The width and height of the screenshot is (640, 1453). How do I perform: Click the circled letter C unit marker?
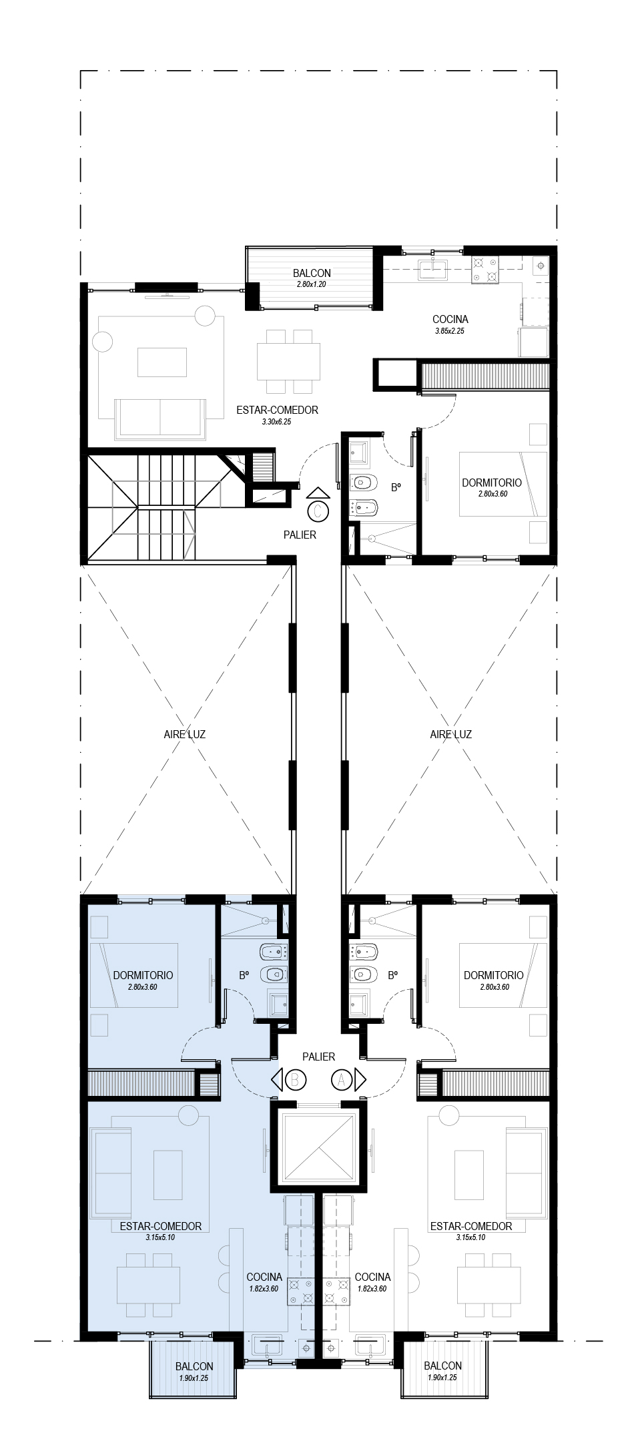coord(319,512)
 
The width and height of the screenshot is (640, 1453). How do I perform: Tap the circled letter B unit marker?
coord(296,1079)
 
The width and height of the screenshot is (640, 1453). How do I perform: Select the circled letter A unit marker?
coord(342,1079)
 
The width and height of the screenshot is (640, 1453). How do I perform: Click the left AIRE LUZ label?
coord(185,734)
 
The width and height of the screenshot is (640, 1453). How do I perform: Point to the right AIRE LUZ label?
coord(451,734)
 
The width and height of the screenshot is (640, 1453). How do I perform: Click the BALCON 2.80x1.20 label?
coord(312,278)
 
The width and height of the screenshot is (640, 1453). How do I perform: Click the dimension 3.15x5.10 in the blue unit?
coord(160,1237)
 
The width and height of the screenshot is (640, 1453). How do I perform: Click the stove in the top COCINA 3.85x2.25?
coord(485,269)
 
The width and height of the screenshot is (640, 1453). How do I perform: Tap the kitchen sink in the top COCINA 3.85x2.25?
coord(434,269)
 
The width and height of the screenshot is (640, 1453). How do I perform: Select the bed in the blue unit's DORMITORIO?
coord(135,975)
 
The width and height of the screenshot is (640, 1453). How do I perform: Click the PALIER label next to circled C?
coord(300,535)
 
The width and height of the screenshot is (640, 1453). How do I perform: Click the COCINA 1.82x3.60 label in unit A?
coord(372,1281)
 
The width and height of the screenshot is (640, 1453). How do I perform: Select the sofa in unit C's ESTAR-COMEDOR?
coord(160,418)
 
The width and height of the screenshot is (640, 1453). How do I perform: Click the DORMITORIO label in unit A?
coord(494,975)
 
